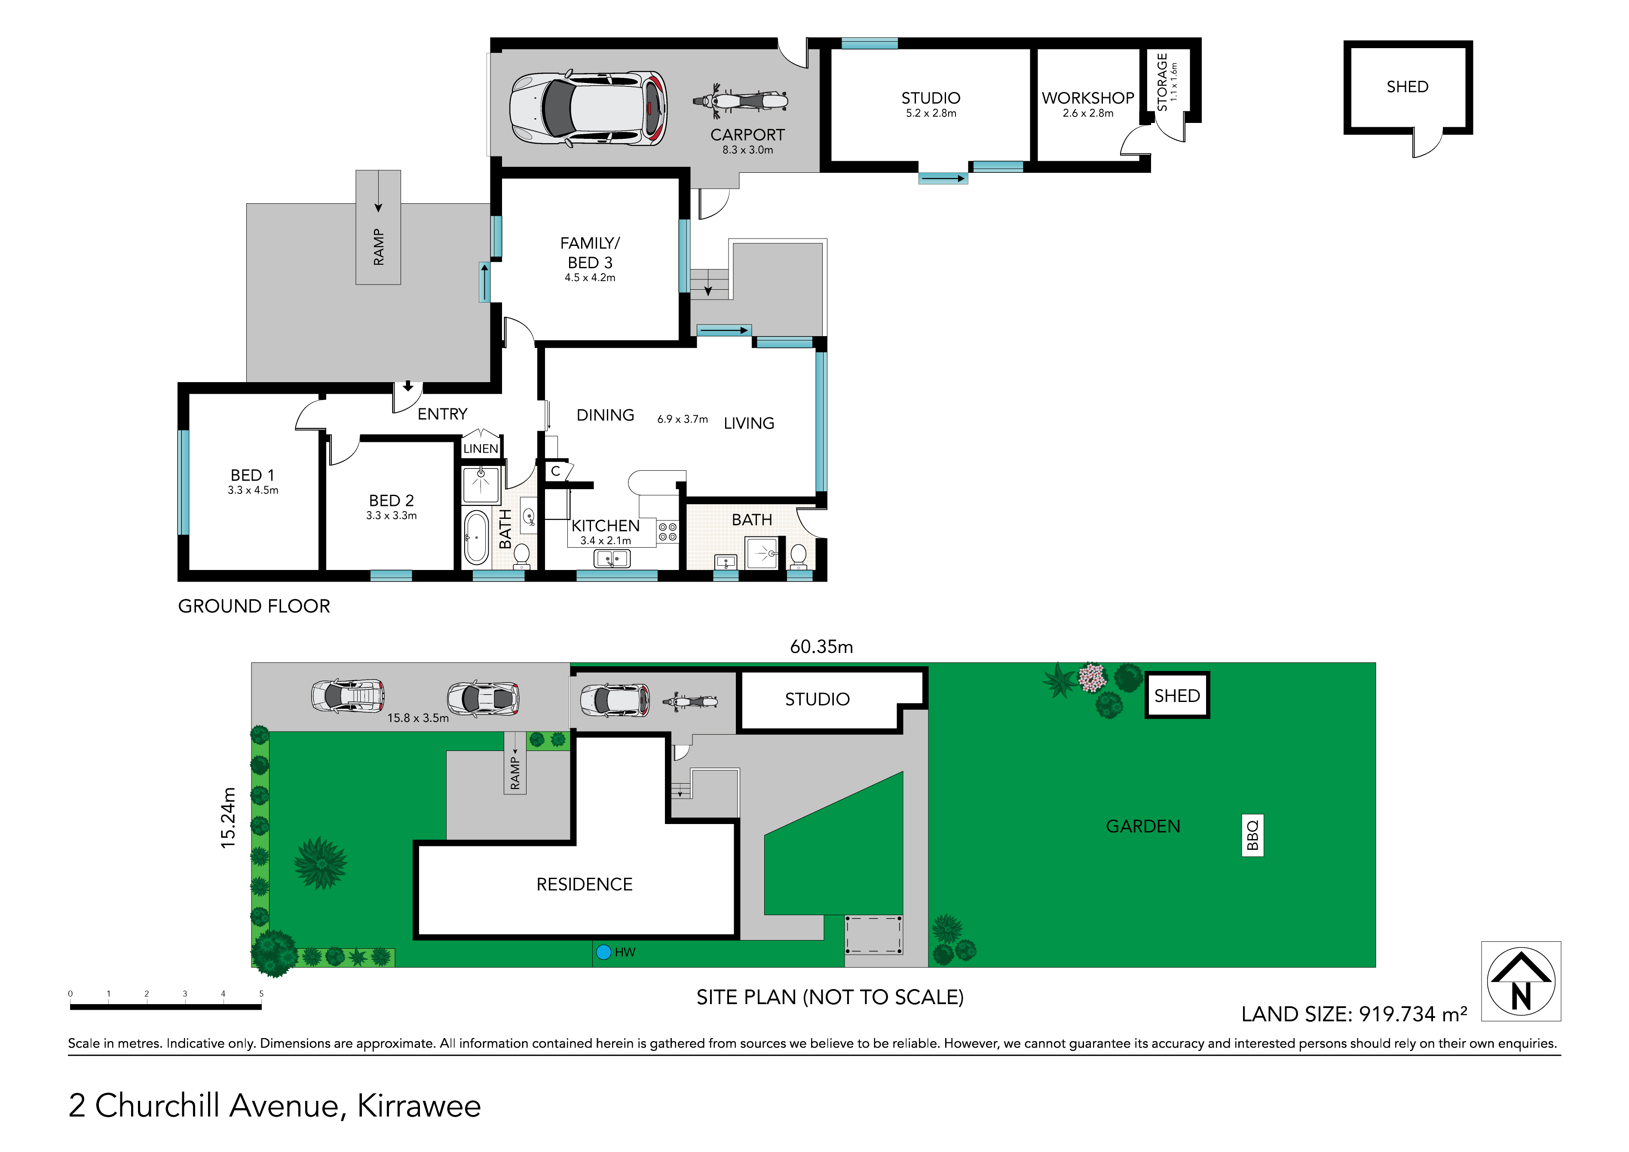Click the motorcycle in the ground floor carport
[740, 100]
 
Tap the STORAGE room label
[1162, 82]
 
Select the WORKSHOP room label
[1088, 98]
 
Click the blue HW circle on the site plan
[604, 952]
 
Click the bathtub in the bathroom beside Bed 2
[476, 537]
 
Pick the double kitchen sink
[612, 559]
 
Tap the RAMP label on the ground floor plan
[378, 247]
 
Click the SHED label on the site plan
[1177, 696]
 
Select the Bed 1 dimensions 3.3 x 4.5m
[253, 490]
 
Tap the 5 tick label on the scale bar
[261, 994]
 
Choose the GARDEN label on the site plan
[1143, 827]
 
